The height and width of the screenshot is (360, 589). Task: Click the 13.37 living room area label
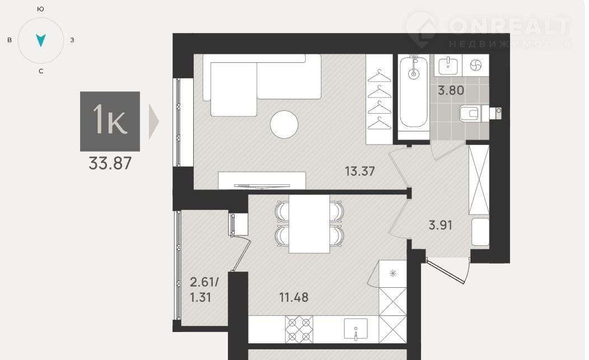click(360, 171)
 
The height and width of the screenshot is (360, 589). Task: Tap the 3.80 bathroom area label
click(451, 91)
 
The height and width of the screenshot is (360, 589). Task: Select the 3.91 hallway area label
click(440, 225)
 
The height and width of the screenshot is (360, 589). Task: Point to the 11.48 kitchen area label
click(294, 297)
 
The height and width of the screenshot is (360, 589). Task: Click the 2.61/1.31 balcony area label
click(204, 289)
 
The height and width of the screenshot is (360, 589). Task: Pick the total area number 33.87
click(110, 163)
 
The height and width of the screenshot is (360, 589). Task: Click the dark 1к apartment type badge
click(110, 121)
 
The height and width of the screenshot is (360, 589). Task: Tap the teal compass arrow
click(40, 40)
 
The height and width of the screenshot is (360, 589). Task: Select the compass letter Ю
click(41, 9)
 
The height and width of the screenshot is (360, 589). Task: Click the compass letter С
click(41, 71)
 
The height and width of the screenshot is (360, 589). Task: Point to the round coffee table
click(284, 124)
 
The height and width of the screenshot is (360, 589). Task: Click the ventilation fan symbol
click(475, 66)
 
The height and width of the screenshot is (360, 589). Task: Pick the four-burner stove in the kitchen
click(299, 329)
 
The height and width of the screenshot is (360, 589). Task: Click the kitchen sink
click(356, 329)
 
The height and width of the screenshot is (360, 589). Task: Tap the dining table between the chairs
click(309, 224)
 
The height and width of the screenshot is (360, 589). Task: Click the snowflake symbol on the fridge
click(393, 274)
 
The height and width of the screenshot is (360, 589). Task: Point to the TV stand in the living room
click(262, 180)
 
